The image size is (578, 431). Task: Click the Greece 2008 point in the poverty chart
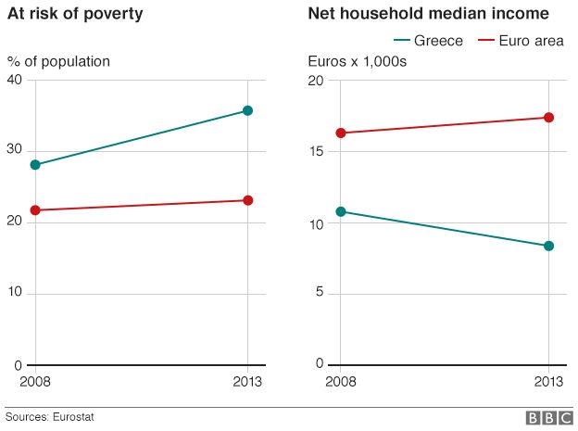36,165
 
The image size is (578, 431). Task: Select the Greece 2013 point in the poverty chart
247,111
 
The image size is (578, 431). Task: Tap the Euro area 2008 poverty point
36,210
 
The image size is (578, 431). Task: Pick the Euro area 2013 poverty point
247,200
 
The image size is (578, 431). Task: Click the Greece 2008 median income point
340,211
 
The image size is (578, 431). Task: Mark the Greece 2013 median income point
549,246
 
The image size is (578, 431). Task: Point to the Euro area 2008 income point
340,133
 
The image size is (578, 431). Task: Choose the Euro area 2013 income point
549,118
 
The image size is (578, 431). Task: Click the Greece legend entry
428,41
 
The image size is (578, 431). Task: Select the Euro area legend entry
521,41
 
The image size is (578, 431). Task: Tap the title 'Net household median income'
428,14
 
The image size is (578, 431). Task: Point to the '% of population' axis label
58,62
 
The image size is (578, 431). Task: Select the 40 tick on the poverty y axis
16,80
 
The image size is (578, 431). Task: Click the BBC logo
549,418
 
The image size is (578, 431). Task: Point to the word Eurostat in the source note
73,417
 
